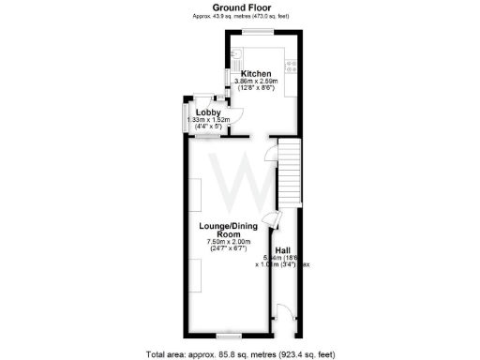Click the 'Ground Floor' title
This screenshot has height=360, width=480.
240,7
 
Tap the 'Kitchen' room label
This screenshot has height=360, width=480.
256,74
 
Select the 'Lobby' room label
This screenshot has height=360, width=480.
208,112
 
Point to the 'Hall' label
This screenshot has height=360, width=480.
281,250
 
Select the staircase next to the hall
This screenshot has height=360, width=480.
289,174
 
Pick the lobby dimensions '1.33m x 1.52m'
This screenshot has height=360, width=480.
208,121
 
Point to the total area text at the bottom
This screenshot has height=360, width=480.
240,353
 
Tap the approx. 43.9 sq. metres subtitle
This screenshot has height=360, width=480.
240,16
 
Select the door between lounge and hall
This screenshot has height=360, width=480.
270,221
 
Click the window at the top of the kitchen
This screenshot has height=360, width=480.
256,34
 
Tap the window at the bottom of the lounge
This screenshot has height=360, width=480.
230,335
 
